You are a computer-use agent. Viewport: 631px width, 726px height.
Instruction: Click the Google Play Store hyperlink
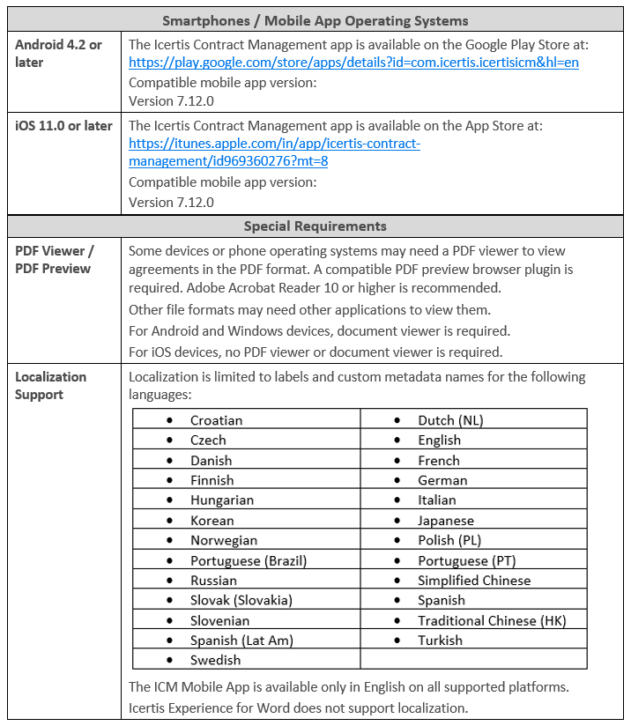click(x=353, y=63)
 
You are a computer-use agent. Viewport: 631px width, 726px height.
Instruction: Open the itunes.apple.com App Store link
click(x=274, y=144)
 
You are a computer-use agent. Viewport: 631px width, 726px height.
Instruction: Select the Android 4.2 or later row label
click(x=58, y=54)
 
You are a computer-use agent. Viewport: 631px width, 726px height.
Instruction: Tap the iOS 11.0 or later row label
click(x=63, y=126)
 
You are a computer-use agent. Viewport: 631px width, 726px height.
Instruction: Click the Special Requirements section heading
click(x=315, y=226)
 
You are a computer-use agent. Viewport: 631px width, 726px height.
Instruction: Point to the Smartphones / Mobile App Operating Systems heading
click(x=315, y=21)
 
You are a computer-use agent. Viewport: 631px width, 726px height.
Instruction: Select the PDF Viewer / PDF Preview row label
click(x=55, y=260)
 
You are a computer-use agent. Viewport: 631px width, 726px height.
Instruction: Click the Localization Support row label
click(x=51, y=386)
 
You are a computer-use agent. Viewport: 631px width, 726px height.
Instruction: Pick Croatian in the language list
click(x=216, y=420)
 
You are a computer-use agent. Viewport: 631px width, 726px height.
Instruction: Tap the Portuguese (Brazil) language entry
click(x=249, y=560)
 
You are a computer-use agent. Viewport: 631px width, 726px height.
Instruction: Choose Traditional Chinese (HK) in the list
click(x=492, y=620)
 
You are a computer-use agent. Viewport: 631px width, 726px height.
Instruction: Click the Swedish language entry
click(x=215, y=660)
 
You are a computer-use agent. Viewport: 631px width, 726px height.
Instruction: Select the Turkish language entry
click(x=440, y=641)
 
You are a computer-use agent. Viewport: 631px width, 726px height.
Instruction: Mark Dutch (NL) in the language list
click(x=450, y=420)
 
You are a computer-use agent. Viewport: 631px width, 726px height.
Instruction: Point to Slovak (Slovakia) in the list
click(x=241, y=600)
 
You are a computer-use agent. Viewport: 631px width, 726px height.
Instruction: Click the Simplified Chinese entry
click(x=474, y=581)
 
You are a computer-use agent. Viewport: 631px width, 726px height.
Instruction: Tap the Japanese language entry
click(x=446, y=521)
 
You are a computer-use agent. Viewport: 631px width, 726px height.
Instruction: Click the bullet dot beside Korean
click(x=169, y=521)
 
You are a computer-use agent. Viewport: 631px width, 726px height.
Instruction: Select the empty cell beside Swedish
click(x=473, y=660)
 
